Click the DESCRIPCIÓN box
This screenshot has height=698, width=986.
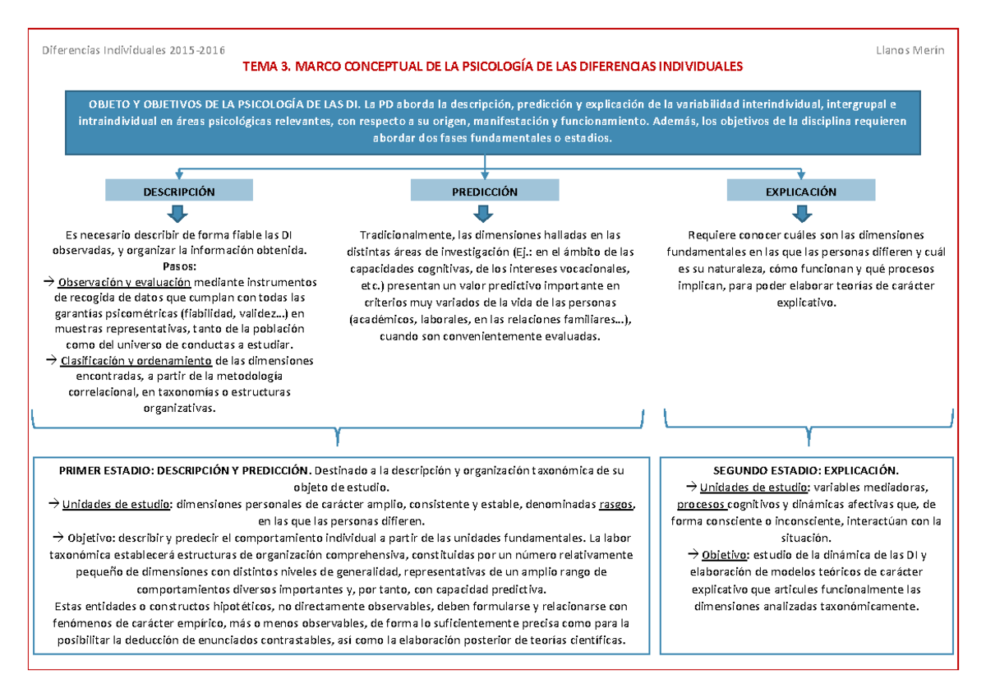(x=178, y=192)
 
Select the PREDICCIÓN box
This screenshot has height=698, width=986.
(x=485, y=192)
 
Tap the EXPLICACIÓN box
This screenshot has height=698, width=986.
(x=800, y=192)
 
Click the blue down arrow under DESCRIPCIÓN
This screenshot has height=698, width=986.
(x=178, y=214)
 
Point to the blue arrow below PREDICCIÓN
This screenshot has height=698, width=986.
(x=485, y=214)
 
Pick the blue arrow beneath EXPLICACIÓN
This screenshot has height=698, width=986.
(x=800, y=214)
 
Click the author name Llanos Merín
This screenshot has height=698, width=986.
(x=910, y=50)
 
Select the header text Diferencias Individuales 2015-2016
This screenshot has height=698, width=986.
(x=133, y=50)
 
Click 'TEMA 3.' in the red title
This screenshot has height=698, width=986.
(x=268, y=66)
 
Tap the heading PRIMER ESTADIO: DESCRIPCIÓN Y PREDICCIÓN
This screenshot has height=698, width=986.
(x=185, y=471)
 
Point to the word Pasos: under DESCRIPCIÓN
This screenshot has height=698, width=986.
(x=179, y=266)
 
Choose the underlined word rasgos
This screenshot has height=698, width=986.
(x=615, y=505)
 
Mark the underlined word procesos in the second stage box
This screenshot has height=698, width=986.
(x=700, y=504)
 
